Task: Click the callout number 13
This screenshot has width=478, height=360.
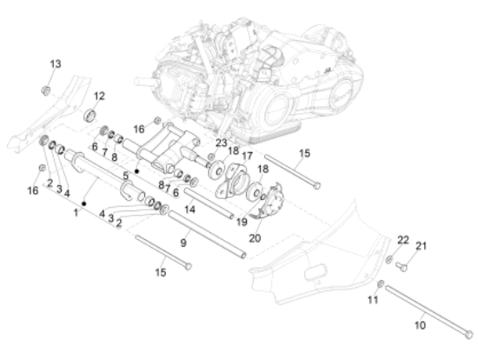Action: click(56, 64)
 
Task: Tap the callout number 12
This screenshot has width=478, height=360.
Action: click(99, 97)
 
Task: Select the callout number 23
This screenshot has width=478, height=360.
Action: click(222, 143)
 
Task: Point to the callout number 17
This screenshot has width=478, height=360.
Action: click(247, 156)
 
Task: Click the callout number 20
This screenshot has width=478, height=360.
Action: click(255, 238)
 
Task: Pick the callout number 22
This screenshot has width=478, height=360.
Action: click(403, 240)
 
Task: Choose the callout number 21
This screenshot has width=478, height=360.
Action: click(421, 245)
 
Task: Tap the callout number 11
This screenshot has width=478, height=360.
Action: click(373, 300)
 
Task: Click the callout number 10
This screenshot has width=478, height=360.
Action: click(420, 325)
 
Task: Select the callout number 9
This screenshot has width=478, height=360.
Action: click(183, 243)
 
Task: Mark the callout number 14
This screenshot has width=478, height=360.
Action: click(189, 210)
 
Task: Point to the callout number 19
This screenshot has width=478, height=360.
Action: click(242, 222)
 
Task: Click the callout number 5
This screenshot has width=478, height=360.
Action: click(126, 176)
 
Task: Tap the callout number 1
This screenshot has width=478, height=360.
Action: click(76, 212)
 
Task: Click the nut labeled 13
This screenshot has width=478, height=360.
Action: click(46, 90)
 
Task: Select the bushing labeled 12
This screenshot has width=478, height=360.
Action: click(90, 116)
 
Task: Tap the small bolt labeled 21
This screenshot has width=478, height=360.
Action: click(402, 267)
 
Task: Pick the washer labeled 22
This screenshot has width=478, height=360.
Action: click(389, 260)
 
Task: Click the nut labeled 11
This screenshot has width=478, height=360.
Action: click(381, 283)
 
